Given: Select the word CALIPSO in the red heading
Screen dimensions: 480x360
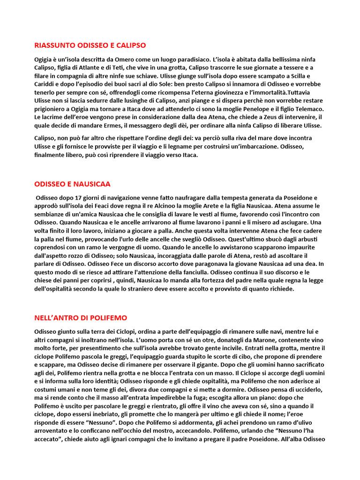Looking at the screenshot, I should [x=130, y=45].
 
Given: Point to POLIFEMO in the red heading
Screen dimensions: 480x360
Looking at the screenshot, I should [x=108, y=318].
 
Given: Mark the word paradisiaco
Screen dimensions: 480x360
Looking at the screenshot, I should [x=221, y=60].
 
